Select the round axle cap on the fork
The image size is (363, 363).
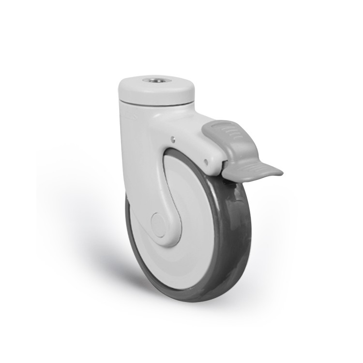(x=158, y=222)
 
